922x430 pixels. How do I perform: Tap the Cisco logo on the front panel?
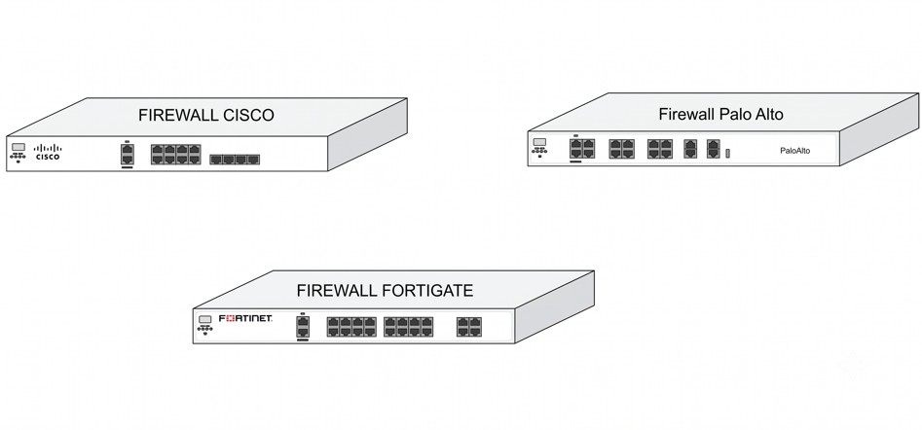pyautogui.click(x=48, y=152)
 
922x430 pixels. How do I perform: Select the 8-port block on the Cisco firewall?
pyautogui.click(x=176, y=154)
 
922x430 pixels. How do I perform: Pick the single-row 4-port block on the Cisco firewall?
pyautogui.click(x=235, y=160)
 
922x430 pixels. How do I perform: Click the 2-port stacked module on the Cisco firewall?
pyautogui.click(x=127, y=155)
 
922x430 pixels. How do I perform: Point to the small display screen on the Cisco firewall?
pyautogui.click(x=18, y=147)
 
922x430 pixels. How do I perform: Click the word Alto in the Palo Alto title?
pyautogui.click(x=767, y=114)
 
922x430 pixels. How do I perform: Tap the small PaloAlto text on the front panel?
pyautogui.click(x=795, y=151)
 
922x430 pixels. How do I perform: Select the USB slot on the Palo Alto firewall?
pyautogui.click(x=728, y=154)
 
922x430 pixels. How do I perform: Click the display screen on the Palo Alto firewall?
pyautogui.click(x=539, y=142)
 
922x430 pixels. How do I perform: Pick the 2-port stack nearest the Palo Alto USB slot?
pyautogui.click(x=714, y=149)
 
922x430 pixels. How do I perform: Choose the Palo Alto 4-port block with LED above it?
pyautogui.click(x=582, y=149)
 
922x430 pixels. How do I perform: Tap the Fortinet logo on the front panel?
pyautogui.click(x=245, y=318)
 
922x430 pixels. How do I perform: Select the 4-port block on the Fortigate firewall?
pyautogui.click(x=469, y=327)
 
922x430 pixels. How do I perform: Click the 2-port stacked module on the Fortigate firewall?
pyautogui.click(x=303, y=327)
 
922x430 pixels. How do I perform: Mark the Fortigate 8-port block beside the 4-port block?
pyautogui.click(x=409, y=327)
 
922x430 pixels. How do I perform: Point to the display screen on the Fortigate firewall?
pyautogui.click(x=205, y=319)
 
